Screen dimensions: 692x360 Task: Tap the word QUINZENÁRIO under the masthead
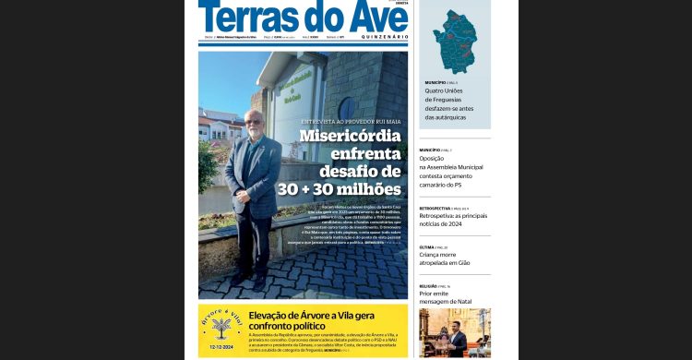click(379, 37)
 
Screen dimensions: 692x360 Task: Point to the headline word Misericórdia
click(350, 137)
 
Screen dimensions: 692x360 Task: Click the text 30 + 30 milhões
click(339, 188)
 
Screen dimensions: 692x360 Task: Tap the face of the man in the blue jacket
click(252, 122)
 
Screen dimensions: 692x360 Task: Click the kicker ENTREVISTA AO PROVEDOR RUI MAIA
click(352, 121)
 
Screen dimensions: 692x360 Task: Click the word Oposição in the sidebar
click(432, 158)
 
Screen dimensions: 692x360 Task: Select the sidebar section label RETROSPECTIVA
click(435, 209)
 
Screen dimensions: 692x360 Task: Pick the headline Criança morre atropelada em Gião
click(445, 258)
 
